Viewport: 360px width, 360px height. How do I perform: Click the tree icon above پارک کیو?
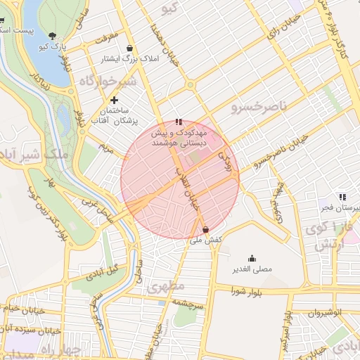(x=53, y=35)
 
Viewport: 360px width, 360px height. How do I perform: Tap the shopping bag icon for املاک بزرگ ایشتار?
(x=130, y=49)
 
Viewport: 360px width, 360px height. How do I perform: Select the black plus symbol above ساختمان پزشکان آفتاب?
(x=114, y=101)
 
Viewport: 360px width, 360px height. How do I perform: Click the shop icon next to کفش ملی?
(x=205, y=229)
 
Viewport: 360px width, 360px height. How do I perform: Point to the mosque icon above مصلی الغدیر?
(x=252, y=258)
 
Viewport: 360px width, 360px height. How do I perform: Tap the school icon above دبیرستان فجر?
(x=342, y=198)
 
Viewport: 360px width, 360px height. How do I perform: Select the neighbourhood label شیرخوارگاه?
(x=100, y=78)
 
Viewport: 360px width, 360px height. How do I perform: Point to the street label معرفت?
(x=98, y=34)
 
